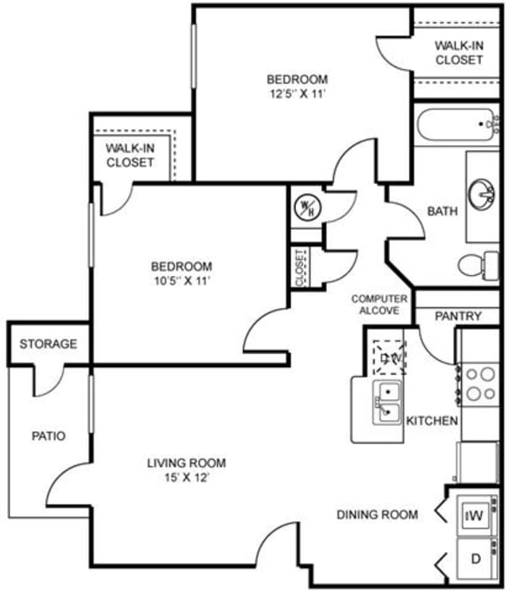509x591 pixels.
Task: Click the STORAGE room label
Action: [49, 344]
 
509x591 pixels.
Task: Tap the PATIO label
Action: [49, 435]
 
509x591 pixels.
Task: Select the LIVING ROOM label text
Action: [186, 463]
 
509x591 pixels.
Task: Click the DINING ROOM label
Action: [376, 514]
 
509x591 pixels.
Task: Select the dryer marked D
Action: [475, 559]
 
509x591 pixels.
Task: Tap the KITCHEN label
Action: [432, 421]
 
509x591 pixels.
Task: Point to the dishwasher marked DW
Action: [387, 358]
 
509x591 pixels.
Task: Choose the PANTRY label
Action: [459, 316]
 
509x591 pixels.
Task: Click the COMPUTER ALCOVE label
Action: [380, 304]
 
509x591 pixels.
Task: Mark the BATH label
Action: [441, 211]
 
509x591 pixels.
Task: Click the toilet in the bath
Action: [478, 263]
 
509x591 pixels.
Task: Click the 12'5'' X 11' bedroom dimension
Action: [298, 93]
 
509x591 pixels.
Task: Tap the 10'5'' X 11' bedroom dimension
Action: [181, 281]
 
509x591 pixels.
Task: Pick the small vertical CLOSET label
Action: [300, 267]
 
